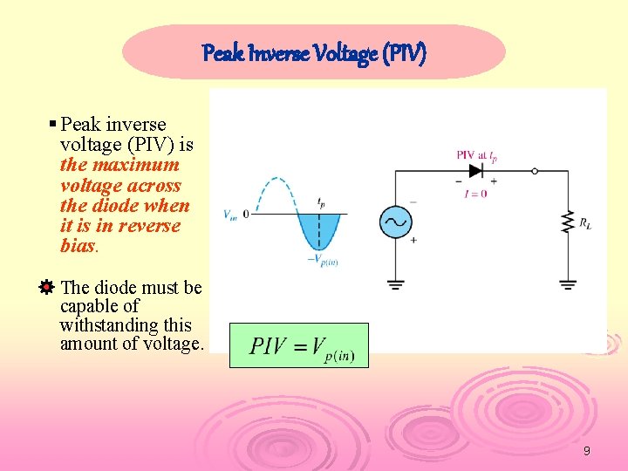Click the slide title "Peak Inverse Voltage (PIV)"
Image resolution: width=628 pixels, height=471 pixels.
[x=314, y=54]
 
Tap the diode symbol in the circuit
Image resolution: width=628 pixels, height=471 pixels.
[x=476, y=171]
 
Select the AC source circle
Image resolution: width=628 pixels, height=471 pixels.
[x=395, y=222]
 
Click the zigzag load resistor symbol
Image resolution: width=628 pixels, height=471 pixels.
[x=568, y=222]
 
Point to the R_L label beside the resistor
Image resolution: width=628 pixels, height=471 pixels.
[x=586, y=224]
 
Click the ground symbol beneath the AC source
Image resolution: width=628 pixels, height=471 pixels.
[x=395, y=283]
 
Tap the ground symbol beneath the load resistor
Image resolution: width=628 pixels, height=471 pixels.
[x=568, y=283]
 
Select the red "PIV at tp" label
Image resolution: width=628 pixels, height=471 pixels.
[x=476, y=155]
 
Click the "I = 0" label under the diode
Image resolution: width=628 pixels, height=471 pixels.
[x=475, y=193]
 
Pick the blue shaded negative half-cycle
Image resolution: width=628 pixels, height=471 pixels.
[x=319, y=229]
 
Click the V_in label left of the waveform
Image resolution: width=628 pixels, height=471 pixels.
[x=229, y=214]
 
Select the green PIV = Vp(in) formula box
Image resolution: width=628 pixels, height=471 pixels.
[x=298, y=345]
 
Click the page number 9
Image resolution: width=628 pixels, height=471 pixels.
[x=586, y=451]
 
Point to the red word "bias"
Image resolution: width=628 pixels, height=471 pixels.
[x=78, y=246]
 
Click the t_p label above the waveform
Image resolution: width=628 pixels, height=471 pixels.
[x=321, y=201]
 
